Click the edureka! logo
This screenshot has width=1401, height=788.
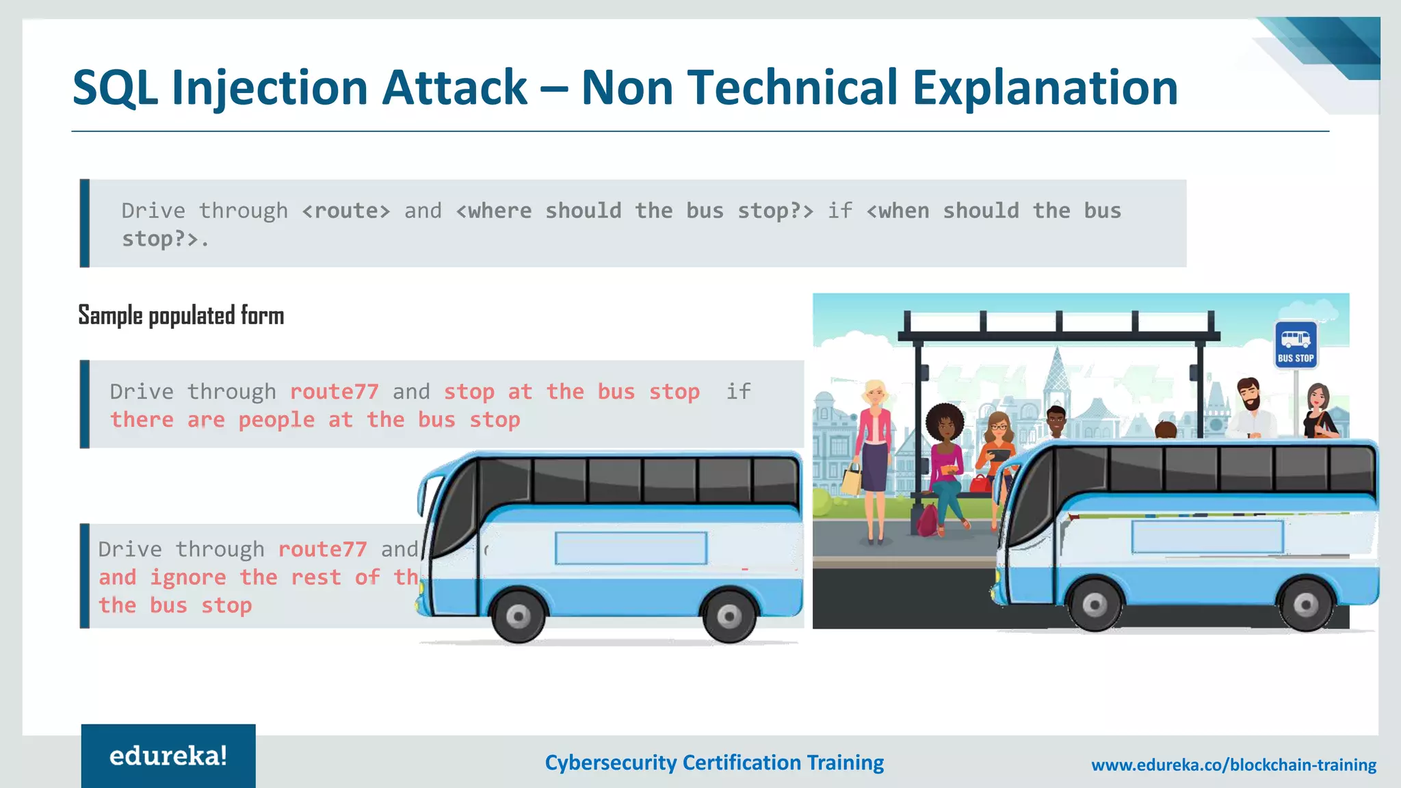pos(168,756)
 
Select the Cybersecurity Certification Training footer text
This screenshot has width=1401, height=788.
pos(714,763)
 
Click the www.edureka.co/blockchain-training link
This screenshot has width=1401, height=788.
pos(1233,765)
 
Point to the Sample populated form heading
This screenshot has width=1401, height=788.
pos(181,315)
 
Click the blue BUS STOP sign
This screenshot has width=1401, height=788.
pos(1296,345)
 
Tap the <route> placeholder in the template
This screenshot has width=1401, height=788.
pos(346,211)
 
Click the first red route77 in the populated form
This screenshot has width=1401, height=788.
pos(334,391)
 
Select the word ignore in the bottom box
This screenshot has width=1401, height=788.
pos(188,577)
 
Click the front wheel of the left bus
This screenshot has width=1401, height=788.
pos(518,617)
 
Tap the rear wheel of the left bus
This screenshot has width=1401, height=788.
pos(729,617)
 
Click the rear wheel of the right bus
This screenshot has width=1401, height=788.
pos(1305,605)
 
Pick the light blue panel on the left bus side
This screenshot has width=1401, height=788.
pos(631,548)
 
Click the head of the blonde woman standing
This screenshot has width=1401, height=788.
pos(874,393)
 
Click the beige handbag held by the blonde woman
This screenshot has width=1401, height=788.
pos(852,480)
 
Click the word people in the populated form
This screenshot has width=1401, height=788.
pos(276,419)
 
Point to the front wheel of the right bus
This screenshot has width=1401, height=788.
pos(1095,605)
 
